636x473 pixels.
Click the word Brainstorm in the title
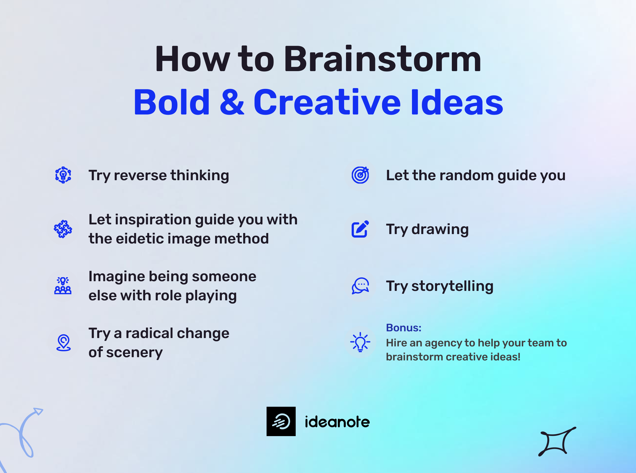(382, 60)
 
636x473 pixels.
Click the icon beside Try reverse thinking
(63, 175)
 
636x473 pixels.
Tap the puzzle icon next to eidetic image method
(63, 229)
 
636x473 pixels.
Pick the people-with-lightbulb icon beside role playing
(63, 286)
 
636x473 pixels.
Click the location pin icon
(64, 342)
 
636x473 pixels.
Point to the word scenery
(134, 352)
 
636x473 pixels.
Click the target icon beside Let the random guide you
(360, 175)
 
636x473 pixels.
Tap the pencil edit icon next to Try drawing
(360, 229)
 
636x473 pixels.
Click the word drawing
(440, 229)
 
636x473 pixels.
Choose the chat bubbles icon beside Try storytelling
(360, 286)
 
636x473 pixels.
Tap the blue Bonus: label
(403, 328)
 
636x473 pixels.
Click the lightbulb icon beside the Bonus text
(360, 342)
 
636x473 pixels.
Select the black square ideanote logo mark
(281, 422)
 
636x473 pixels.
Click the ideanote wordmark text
(337, 422)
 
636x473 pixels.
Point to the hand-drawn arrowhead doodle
(38, 411)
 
